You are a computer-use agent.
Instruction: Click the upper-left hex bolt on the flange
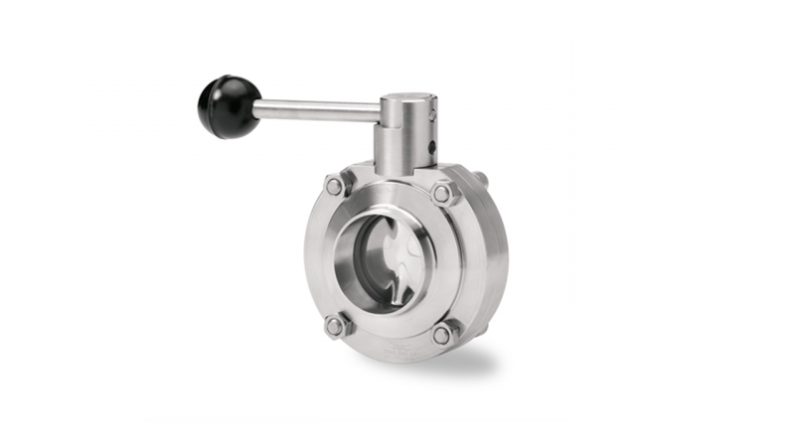point(335,186)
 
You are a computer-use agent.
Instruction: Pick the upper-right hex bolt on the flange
point(442,194)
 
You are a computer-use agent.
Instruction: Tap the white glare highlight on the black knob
point(221,94)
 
